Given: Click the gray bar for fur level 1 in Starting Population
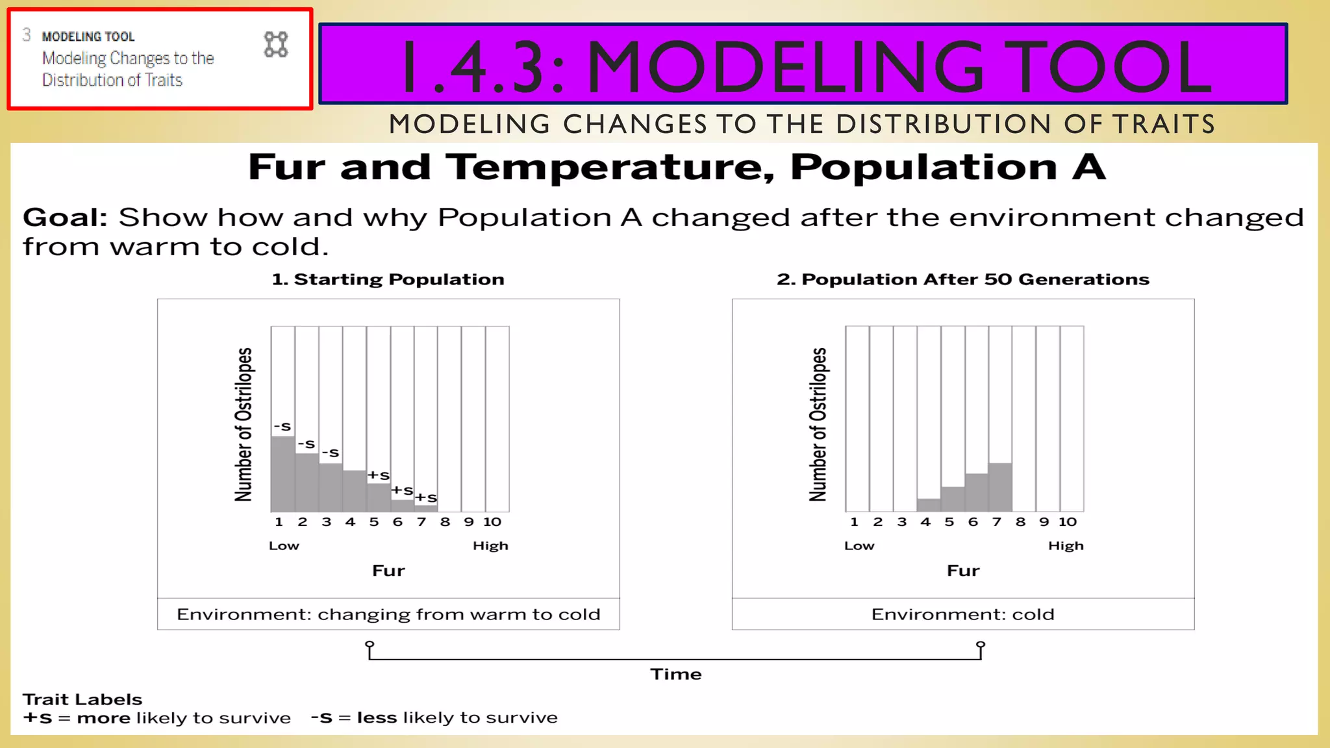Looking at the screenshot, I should point(282,474).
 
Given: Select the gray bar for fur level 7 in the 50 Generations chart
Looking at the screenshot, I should point(1000,487).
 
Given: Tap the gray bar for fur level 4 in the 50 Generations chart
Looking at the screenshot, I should point(929,505).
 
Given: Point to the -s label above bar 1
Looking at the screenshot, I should point(282,427).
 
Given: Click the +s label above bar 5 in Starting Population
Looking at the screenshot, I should point(379,475).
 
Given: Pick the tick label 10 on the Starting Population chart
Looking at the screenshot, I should point(492,522).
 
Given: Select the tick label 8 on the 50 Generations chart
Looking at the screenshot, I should point(1020,522).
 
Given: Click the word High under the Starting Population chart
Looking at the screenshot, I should point(490,546).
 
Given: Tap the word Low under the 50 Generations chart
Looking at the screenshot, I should point(859,546).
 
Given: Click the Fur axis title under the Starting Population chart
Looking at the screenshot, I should point(388,571).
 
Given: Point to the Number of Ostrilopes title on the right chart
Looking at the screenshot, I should point(818,425).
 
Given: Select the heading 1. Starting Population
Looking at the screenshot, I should point(388,279).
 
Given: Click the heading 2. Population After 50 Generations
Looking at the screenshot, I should point(963,279).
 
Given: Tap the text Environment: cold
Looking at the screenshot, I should point(962,614).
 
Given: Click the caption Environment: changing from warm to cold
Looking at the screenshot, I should point(388,614).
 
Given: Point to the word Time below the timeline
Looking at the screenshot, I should point(676,675).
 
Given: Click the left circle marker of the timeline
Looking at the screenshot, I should point(370,645).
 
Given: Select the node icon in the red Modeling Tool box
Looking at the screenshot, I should point(276,45).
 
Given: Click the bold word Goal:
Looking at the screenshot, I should point(65,218).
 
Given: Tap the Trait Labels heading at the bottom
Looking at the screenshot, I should point(82,699).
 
